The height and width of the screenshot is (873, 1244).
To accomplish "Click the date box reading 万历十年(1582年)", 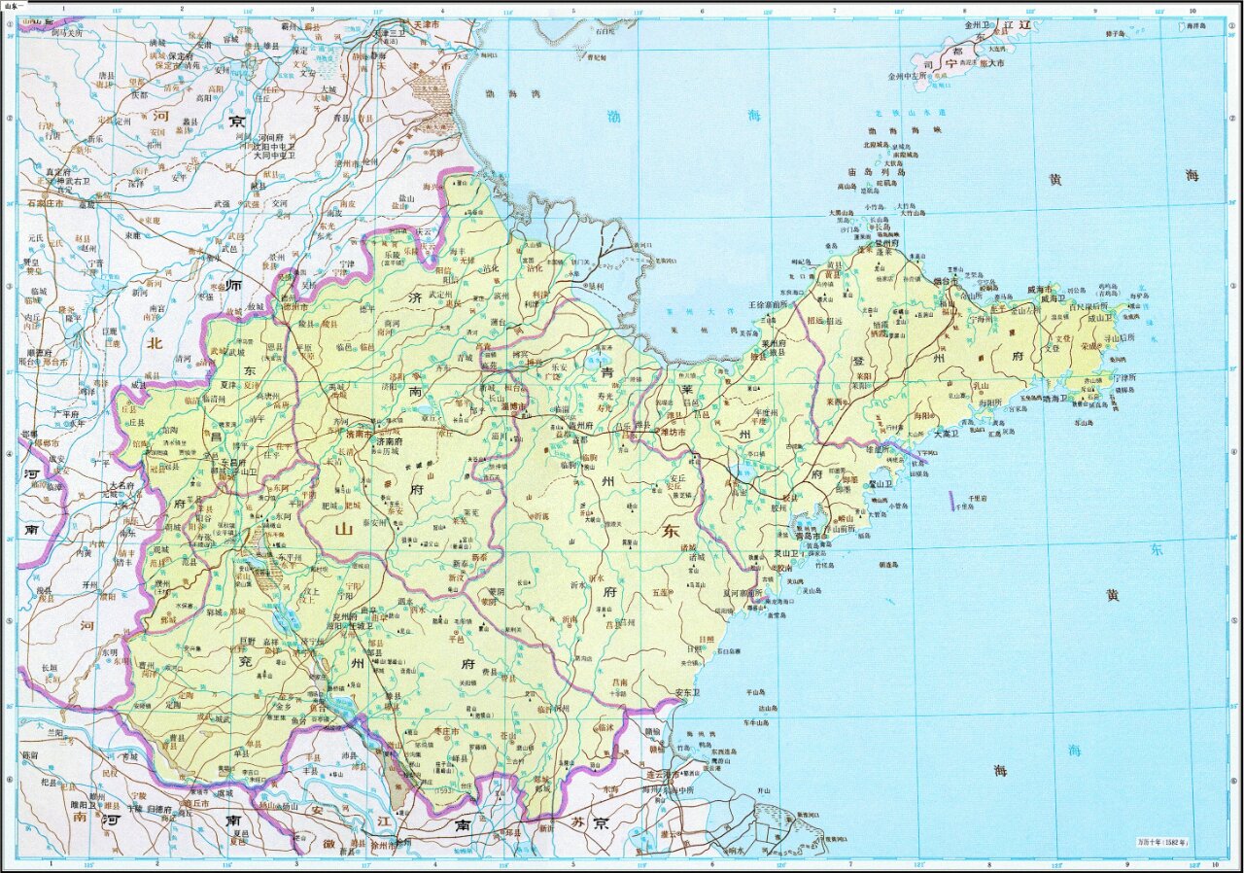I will click(x=1164, y=841).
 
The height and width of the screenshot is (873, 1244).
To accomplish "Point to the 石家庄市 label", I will click(x=45, y=203).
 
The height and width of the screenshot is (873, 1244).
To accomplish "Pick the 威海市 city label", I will click(x=1044, y=290).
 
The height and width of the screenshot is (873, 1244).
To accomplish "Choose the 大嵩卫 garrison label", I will click(x=948, y=434).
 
